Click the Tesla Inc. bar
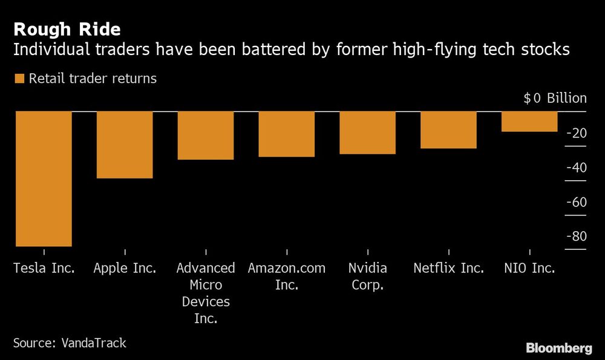pyautogui.click(x=44, y=178)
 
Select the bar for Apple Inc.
pyautogui.click(x=125, y=145)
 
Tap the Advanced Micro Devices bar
pyautogui.click(x=206, y=136)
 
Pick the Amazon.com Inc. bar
pyautogui.click(x=287, y=134)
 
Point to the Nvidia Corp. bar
pyautogui.click(x=367, y=133)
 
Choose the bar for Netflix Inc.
pyautogui.click(x=448, y=129)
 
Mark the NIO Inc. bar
pyautogui.click(x=529, y=121)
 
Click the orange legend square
pyautogui.click(x=18, y=79)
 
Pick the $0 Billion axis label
pyautogui.click(x=555, y=99)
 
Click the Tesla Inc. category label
pyautogui.click(x=44, y=268)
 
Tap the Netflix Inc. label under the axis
pyautogui.click(x=448, y=268)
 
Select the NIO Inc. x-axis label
pyautogui.click(x=529, y=268)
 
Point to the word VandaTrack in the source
pyautogui.click(x=94, y=342)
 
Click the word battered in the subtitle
pyautogui.click(x=270, y=50)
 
